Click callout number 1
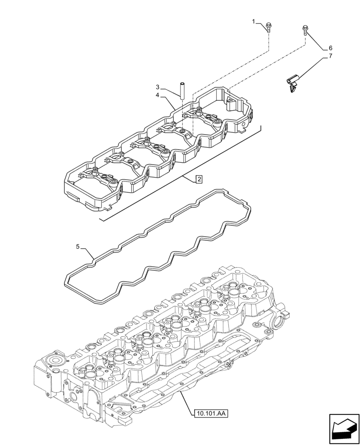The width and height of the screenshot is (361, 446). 254,21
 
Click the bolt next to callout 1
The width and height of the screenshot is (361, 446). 269,28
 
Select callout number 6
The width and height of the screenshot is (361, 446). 330,48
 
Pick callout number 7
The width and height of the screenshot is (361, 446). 330,56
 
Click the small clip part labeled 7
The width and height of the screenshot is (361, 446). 293,83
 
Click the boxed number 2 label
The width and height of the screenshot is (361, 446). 199,179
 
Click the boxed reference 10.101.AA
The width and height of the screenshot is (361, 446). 211,413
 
